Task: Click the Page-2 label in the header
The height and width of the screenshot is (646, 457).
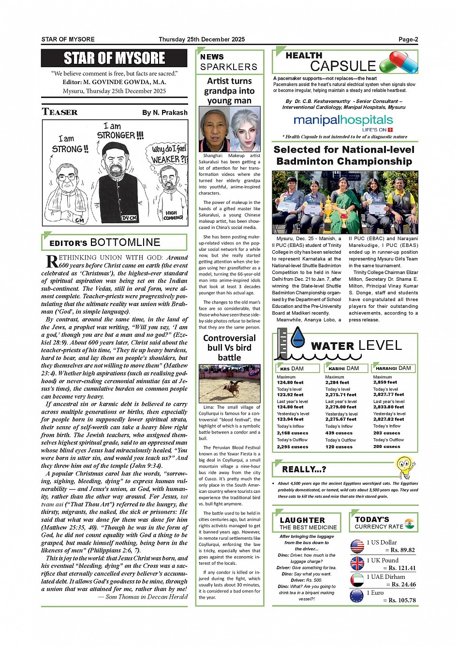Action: pos(408,40)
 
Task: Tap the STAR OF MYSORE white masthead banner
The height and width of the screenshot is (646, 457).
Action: pos(115,58)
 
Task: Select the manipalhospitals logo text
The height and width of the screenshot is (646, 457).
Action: pos(343,120)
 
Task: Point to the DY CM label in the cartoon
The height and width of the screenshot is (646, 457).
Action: pos(129,218)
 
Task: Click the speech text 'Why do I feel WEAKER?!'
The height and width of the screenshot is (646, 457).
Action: pos(169,154)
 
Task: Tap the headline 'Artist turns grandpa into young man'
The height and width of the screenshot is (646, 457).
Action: pos(229,91)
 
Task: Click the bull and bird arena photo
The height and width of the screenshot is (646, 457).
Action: pos(229,384)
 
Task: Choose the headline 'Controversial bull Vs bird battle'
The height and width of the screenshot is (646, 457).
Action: pos(229,348)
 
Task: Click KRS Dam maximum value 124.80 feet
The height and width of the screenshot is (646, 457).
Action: pos(290,383)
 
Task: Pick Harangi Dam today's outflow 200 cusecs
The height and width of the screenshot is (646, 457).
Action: pos(386,446)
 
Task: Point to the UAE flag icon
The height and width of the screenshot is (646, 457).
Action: pos(357,580)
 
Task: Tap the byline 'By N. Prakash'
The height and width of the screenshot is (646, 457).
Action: pos(164,113)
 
